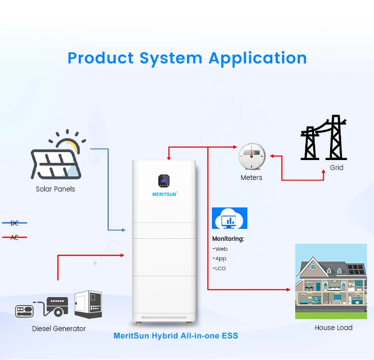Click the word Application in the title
[x=257, y=58]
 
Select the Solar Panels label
[x=55, y=189]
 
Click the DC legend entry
[x=14, y=223]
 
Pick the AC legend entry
[x=14, y=237]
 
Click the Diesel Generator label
[x=59, y=329]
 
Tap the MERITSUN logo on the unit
[x=165, y=193]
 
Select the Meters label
[x=251, y=178]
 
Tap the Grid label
[x=337, y=168]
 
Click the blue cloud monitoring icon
[x=229, y=218]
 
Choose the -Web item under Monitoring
[x=220, y=249]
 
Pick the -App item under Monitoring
[x=220, y=258]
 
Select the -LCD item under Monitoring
[x=220, y=268]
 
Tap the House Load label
[x=334, y=328]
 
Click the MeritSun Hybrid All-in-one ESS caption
[x=176, y=336]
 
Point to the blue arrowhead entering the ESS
[x=123, y=230]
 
